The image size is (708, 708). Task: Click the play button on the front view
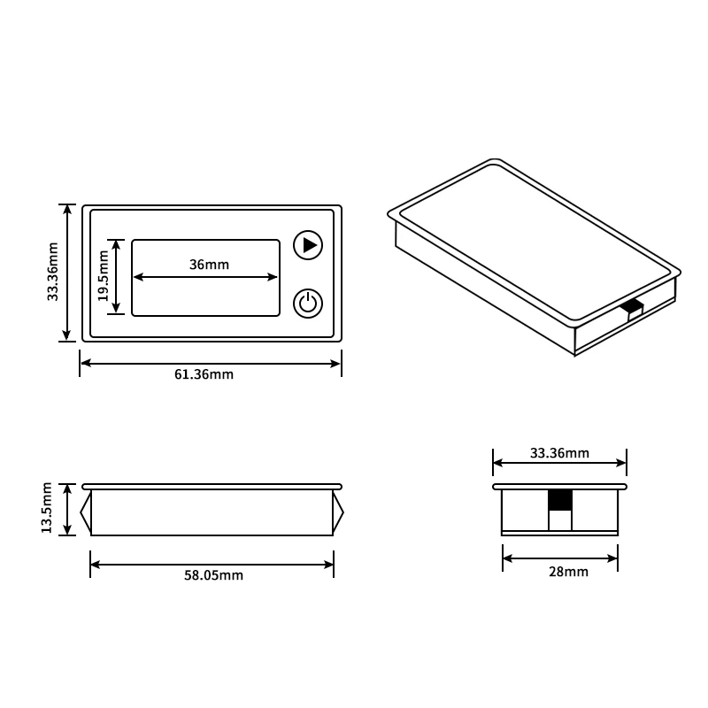[308, 245]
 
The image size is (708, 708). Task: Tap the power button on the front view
[308, 304]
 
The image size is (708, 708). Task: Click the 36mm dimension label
[209, 265]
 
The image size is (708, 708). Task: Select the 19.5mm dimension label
[104, 275]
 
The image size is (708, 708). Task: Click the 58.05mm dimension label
[213, 575]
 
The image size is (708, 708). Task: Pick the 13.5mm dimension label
[47, 510]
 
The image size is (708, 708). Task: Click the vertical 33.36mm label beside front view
[53, 273]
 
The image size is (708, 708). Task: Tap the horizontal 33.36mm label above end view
[559, 453]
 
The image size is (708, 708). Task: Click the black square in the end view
[560, 500]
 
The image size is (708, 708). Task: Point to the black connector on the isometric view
[632, 307]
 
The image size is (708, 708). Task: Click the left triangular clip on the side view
[86, 512]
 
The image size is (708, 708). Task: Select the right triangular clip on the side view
[338, 512]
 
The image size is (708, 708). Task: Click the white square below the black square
[560, 520]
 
